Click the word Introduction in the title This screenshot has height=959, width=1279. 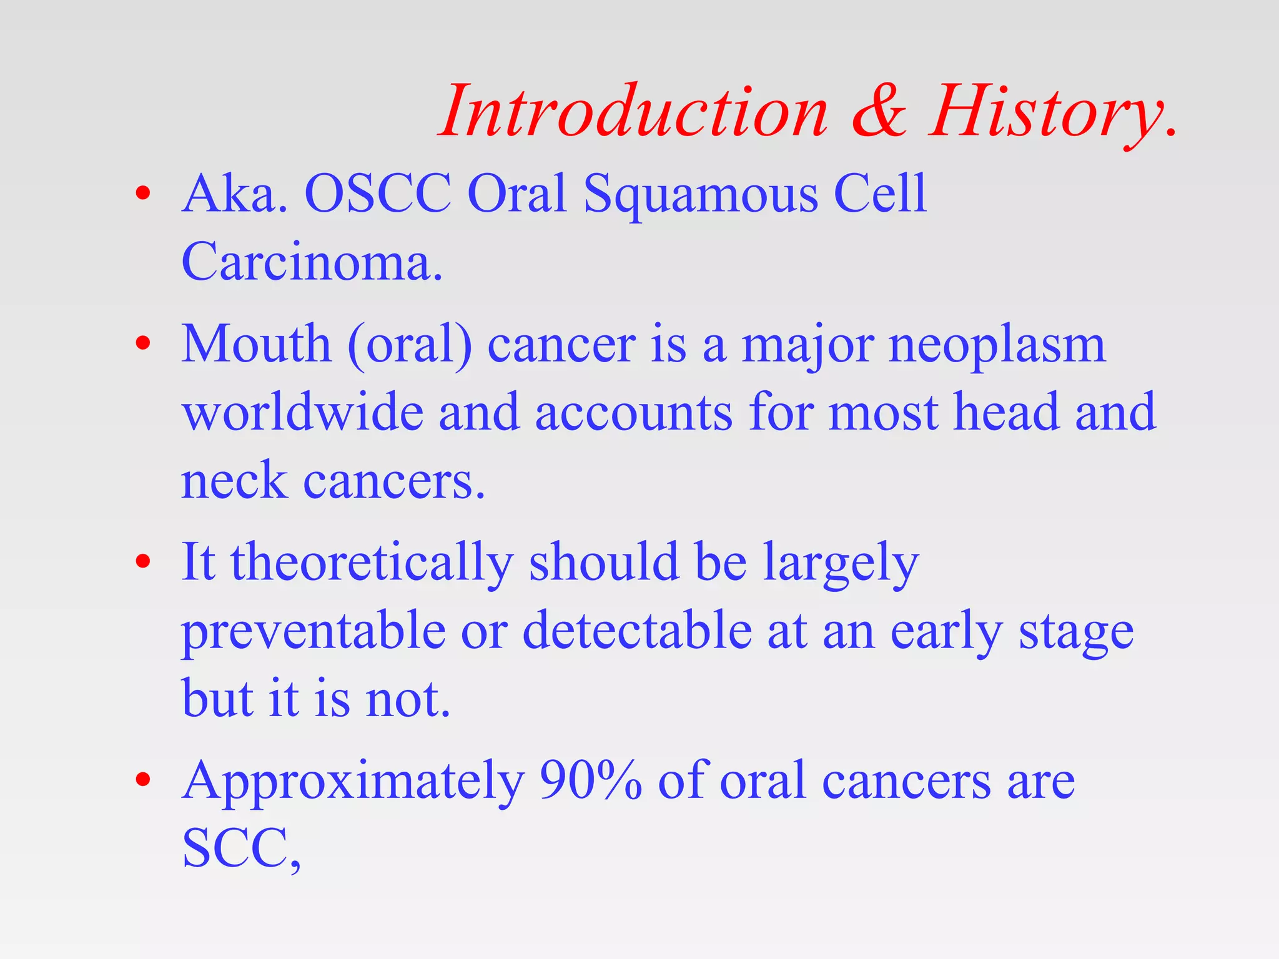tap(634, 112)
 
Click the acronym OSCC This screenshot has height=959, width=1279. tap(377, 194)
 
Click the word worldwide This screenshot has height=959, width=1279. tap(303, 412)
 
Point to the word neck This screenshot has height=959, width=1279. tap(234, 481)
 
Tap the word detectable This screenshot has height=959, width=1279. tap(637, 631)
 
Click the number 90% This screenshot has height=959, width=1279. tap(590, 780)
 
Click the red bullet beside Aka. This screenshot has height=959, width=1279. tap(143, 193)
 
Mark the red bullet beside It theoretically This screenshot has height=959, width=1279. tap(143, 561)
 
